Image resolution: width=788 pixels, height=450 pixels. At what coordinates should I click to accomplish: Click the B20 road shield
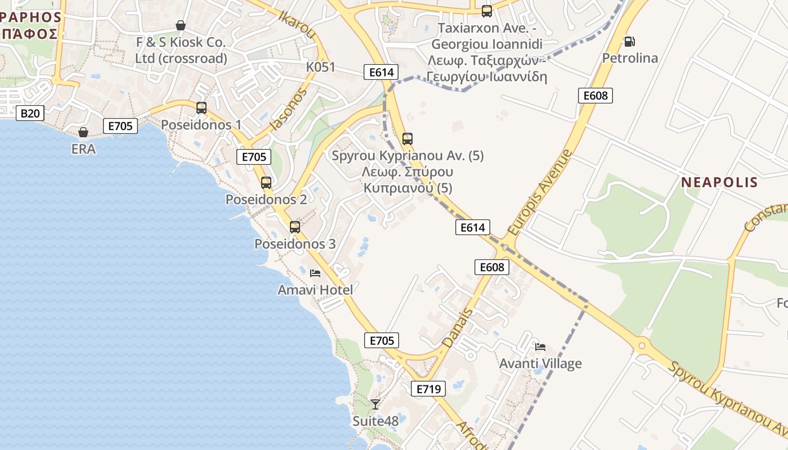[x=30, y=113]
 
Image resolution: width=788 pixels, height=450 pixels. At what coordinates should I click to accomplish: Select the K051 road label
[x=320, y=67]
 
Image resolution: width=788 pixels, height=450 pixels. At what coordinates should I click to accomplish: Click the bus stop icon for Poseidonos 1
[x=202, y=107]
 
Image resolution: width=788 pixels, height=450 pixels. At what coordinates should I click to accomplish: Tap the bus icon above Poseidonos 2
[x=266, y=182]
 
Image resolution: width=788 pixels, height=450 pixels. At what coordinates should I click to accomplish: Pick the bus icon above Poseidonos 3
[x=295, y=227]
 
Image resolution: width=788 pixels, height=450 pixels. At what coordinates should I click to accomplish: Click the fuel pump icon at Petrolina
[x=629, y=41]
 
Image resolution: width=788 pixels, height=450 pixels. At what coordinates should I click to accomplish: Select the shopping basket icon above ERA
[x=83, y=132]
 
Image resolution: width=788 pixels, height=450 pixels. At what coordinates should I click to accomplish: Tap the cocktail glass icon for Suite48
[x=375, y=403]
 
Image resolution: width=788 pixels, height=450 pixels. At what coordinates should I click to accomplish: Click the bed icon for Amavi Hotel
[x=315, y=273]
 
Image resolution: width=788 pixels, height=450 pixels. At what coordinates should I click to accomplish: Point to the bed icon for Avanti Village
[x=540, y=346]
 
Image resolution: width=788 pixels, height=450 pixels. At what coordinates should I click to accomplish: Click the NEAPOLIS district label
[x=719, y=182]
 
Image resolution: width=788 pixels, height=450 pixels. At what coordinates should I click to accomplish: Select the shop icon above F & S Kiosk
[x=181, y=25]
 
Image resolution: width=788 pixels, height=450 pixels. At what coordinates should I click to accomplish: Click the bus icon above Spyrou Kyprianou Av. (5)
[x=408, y=138]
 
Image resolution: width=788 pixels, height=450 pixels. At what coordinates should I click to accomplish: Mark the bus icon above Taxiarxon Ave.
[x=487, y=11]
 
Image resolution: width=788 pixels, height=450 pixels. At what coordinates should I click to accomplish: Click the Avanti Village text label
[x=540, y=363]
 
